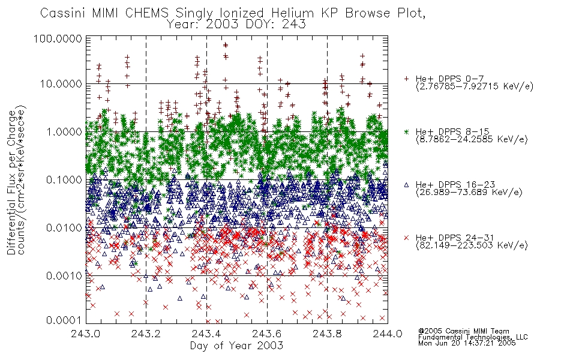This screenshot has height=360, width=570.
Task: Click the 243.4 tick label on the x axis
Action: point(206,334)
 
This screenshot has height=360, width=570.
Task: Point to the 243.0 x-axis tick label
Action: point(86,334)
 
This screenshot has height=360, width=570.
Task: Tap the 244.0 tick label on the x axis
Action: point(388,334)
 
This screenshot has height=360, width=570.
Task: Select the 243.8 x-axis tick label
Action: point(327,334)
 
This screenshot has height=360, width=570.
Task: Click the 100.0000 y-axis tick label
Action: point(58,38)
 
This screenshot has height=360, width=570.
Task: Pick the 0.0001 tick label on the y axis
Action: point(64,320)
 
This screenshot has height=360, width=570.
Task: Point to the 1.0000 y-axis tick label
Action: point(64,131)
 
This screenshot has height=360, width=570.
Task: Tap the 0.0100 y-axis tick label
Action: point(64,227)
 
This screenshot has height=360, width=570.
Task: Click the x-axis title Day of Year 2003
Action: point(236,346)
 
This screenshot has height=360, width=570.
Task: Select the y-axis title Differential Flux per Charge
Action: point(11,182)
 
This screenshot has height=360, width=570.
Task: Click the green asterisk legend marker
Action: point(406,132)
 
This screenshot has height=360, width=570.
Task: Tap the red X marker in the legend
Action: point(406,238)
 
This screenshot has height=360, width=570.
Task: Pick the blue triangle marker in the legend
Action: point(406,185)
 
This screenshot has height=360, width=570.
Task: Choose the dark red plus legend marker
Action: point(406,79)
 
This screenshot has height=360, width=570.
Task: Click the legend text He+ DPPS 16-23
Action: point(455,185)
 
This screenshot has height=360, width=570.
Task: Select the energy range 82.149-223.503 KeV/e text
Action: point(472,245)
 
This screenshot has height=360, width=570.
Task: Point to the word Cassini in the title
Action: point(63,13)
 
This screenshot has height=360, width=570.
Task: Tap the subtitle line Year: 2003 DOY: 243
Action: point(236,24)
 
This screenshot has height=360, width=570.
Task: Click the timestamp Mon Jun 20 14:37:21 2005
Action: point(467,343)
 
